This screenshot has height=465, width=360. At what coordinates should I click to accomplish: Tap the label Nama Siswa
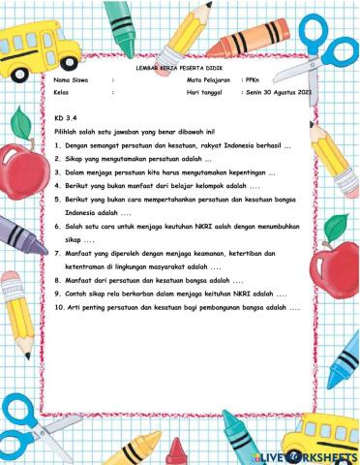70,79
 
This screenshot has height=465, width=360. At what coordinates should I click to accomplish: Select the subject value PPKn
253,79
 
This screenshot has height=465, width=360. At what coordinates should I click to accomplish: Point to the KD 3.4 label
64,117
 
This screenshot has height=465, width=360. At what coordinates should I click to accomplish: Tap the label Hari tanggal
203,94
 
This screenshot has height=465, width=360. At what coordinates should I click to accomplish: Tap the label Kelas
63,94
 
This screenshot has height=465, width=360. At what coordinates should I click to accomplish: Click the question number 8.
58,279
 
